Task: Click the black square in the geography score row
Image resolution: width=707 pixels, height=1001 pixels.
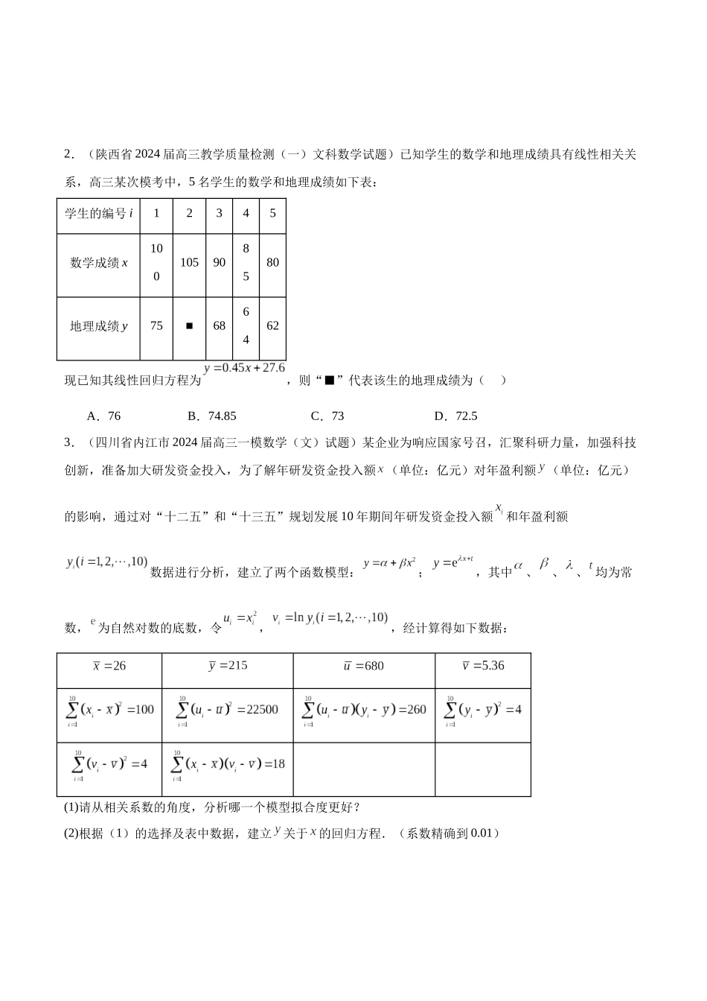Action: click(x=189, y=326)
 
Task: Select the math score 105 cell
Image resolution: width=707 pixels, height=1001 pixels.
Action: click(x=189, y=263)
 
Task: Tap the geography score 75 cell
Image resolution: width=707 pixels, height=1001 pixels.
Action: click(x=156, y=326)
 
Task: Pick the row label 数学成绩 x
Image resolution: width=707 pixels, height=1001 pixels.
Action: click(x=98, y=263)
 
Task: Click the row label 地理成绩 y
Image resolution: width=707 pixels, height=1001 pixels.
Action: click(x=98, y=326)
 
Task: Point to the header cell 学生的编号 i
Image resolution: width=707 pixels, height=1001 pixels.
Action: click(x=98, y=214)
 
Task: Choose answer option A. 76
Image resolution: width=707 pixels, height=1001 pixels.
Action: click(x=103, y=416)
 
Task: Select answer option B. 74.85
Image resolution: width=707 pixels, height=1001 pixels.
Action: click(x=211, y=416)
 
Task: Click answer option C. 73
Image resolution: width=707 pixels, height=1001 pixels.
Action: click(x=327, y=416)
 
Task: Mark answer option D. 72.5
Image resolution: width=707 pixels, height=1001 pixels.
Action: click(x=455, y=416)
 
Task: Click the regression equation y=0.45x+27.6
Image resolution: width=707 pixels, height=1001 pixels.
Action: click(x=244, y=368)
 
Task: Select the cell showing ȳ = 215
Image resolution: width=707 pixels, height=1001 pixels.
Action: click(x=227, y=666)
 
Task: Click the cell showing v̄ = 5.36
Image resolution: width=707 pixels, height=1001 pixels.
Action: click(x=483, y=666)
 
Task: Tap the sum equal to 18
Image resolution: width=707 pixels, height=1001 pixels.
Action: click(x=227, y=765)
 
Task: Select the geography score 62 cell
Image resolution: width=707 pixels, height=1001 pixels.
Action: click(x=272, y=326)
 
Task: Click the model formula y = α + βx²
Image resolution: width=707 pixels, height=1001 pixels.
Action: click(x=389, y=565)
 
